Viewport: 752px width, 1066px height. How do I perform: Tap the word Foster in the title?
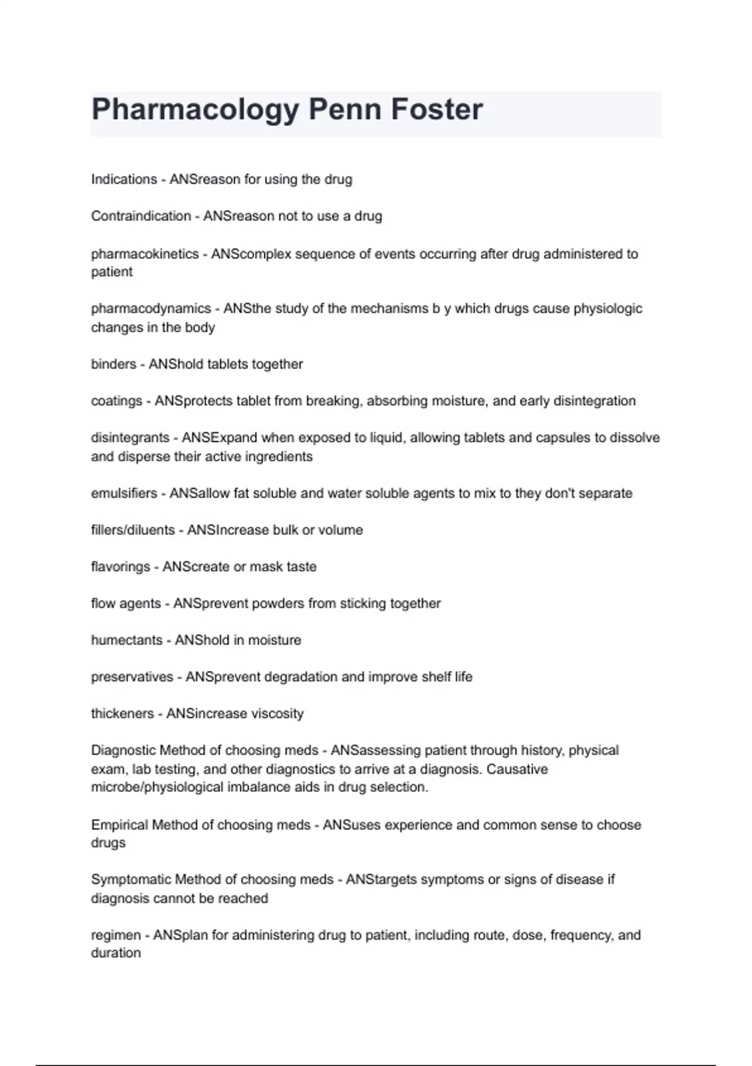(437, 109)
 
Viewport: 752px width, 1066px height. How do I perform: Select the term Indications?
(124, 179)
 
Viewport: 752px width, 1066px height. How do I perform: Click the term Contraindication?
(141, 216)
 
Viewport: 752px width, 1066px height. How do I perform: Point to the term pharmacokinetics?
(145, 254)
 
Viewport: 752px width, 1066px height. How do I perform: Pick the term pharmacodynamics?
(151, 309)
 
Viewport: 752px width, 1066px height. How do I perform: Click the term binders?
(113, 364)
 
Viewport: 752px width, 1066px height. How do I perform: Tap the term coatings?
(117, 401)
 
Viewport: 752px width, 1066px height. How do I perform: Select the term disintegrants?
(130, 438)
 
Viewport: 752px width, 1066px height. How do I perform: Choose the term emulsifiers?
(124, 493)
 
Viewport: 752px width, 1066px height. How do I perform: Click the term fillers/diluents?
(133, 530)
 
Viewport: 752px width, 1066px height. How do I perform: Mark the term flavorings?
(120, 567)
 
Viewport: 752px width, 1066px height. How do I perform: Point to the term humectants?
(127, 640)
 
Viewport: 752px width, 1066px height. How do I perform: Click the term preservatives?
(132, 677)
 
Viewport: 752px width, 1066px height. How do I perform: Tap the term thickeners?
(122, 714)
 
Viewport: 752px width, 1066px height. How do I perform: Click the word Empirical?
(119, 825)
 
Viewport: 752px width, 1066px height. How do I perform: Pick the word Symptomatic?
(131, 880)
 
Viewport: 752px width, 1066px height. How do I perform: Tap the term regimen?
(116, 936)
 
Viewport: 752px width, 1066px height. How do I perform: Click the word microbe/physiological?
(157, 788)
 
